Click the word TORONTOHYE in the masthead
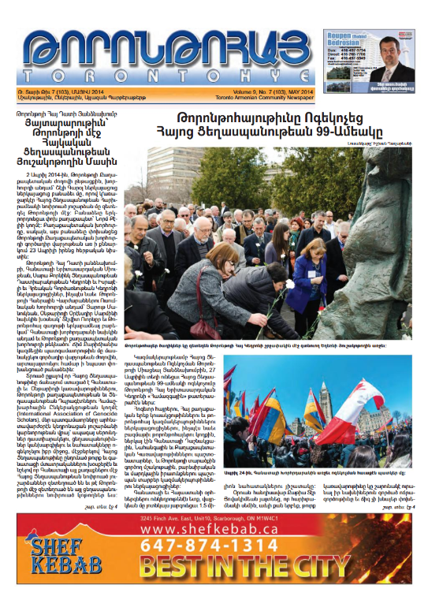(168, 73)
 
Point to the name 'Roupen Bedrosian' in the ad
(347, 39)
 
